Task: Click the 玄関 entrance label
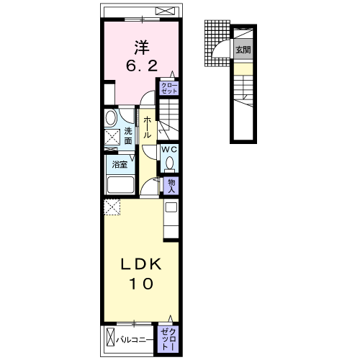[x=243, y=50]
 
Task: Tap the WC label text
[x=169, y=150]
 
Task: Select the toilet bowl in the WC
[x=170, y=163]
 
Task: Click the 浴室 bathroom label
[x=120, y=164]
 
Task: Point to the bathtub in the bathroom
[x=120, y=184]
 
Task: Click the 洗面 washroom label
[x=128, y=136]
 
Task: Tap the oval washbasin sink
[x=111, y=117]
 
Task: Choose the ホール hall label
[x=147, y=127]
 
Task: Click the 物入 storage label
[x=171, y=186]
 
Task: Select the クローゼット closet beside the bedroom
[x=169, y=88]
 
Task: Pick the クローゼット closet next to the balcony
[x=168, y=339]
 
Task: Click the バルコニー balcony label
[x=135, y=340]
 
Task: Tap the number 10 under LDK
[x=141, y=284]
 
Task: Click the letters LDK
[x=141, y=264]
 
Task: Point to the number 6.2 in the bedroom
[x=142, y=66]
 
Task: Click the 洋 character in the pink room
[x=142, y=48]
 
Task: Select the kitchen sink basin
[x=171, y=207]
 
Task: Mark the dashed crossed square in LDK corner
[x=112, y=207]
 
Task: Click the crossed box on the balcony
[x=111, y=336]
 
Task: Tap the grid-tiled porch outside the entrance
[x=217, y=43]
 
